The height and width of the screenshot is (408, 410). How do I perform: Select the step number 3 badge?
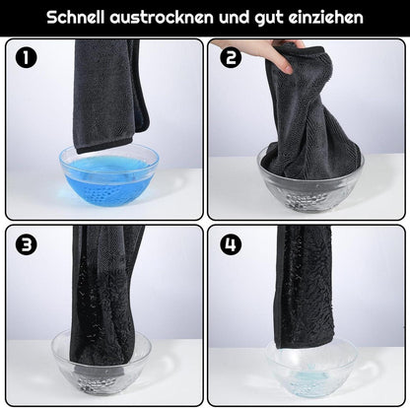[x=27, y=243]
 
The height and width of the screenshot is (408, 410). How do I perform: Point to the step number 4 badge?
[x=231, y=243]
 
